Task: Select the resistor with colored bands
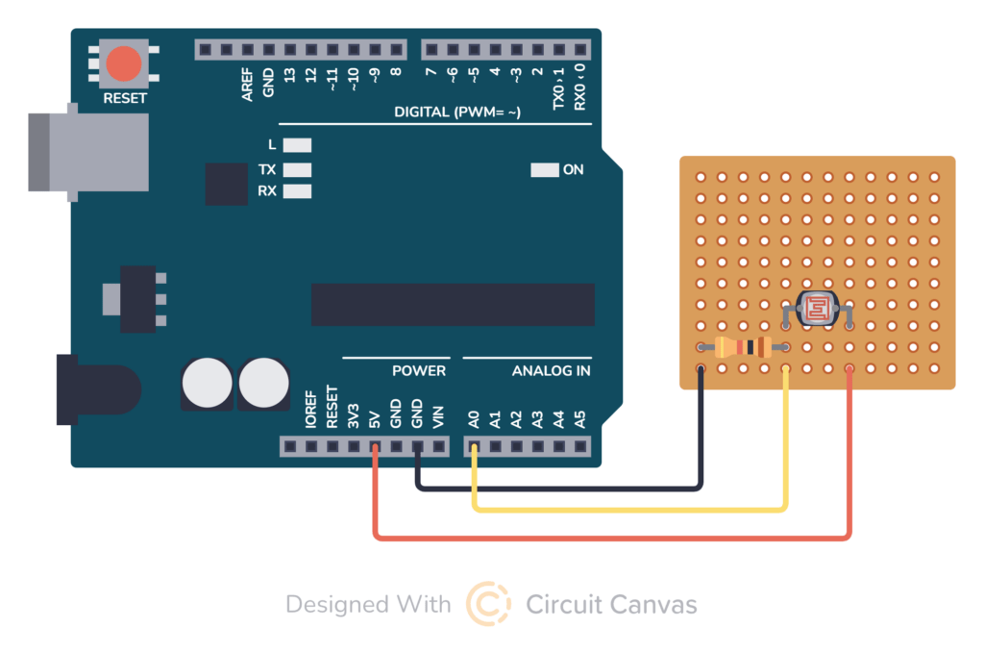[745, 348]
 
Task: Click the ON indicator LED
[544, 170]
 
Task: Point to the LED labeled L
[298, 146]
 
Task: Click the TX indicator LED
[298, 169]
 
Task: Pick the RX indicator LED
[298, 191]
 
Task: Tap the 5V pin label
[375, 419]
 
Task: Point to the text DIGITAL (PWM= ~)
[457, 113]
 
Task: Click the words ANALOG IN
[551, 370]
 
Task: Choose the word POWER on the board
[419, 370]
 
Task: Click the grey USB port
[86, 151]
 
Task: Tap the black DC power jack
[96, 389]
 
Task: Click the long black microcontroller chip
[453, 305]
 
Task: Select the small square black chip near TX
[227, 183]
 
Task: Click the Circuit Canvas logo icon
[488, 604]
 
